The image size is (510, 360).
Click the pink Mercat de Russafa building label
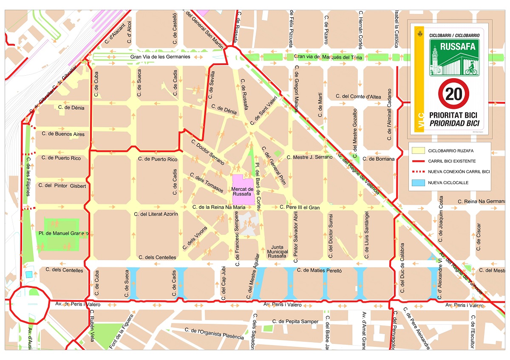pyautogui.click(x=243, y=192)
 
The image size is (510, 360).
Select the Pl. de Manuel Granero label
pyautogui.click(x=63, y=233)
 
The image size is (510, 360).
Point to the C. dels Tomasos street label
pyautogui.click(x=207, y=183)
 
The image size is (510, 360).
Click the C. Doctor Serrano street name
pyautogui.click(x=207, y=153)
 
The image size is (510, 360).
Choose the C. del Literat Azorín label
pyautogui.click(x=156, y=214)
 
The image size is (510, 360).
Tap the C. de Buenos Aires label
pyautogui.click(x=63, y=134)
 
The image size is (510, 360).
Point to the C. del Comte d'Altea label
pyautogui.click(x=358, y=96)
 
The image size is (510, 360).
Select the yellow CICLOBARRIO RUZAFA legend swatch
pyautogui.click(x=417, y=150)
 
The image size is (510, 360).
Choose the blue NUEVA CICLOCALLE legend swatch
pyautogui.click(x=417, y=183)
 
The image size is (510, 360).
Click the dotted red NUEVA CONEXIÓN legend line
pyautogui.click(x=417, y=172)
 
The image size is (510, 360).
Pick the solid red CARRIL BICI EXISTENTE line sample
pyautogui.click(x=417, y=161)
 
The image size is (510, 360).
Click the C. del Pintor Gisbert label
pyautogui.click(x=62, y=186)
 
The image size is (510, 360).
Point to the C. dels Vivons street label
pyautogui.click(x=195, y=238)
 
